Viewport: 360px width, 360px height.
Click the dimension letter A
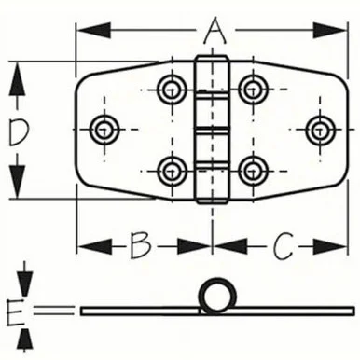click(215, 31)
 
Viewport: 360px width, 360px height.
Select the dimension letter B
click(141, 246)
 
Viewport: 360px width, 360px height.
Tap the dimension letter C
click(283, 246)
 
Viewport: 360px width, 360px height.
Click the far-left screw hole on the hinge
click(104, 130)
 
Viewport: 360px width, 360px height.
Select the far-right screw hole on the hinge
click(320, 130)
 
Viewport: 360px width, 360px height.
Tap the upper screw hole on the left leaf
click(172, 90)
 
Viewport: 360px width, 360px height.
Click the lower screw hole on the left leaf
click(172, 172)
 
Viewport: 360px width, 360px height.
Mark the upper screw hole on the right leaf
click(254, 90)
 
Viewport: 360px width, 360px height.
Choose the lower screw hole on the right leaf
click(254, 172)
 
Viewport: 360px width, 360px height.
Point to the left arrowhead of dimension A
click(93, 31)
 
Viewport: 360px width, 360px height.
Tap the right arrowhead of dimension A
click(329, 31)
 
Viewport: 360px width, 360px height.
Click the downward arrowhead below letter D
click(17, 181)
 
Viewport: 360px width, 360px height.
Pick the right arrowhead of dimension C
click(329, 246)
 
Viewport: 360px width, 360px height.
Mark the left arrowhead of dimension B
click(94, 246)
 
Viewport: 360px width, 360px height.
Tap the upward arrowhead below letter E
click(25, 339)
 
